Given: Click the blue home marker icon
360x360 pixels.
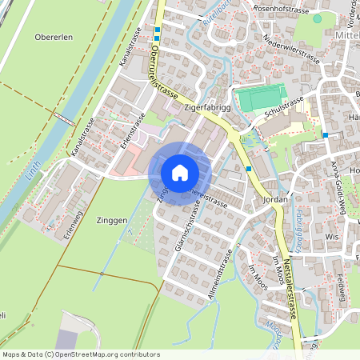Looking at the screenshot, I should pos(180,172).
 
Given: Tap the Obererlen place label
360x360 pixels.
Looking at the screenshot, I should pos(54,37).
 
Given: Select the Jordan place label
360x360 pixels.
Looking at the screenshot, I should pos(274,202).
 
